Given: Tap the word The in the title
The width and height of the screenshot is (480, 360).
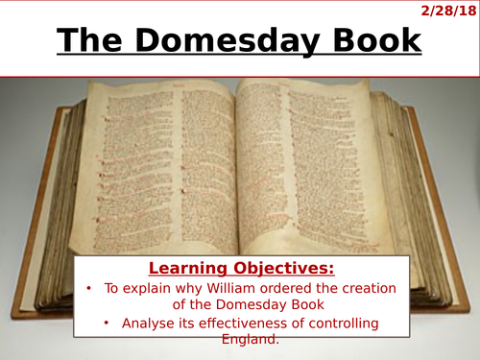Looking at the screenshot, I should [92, 41].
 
